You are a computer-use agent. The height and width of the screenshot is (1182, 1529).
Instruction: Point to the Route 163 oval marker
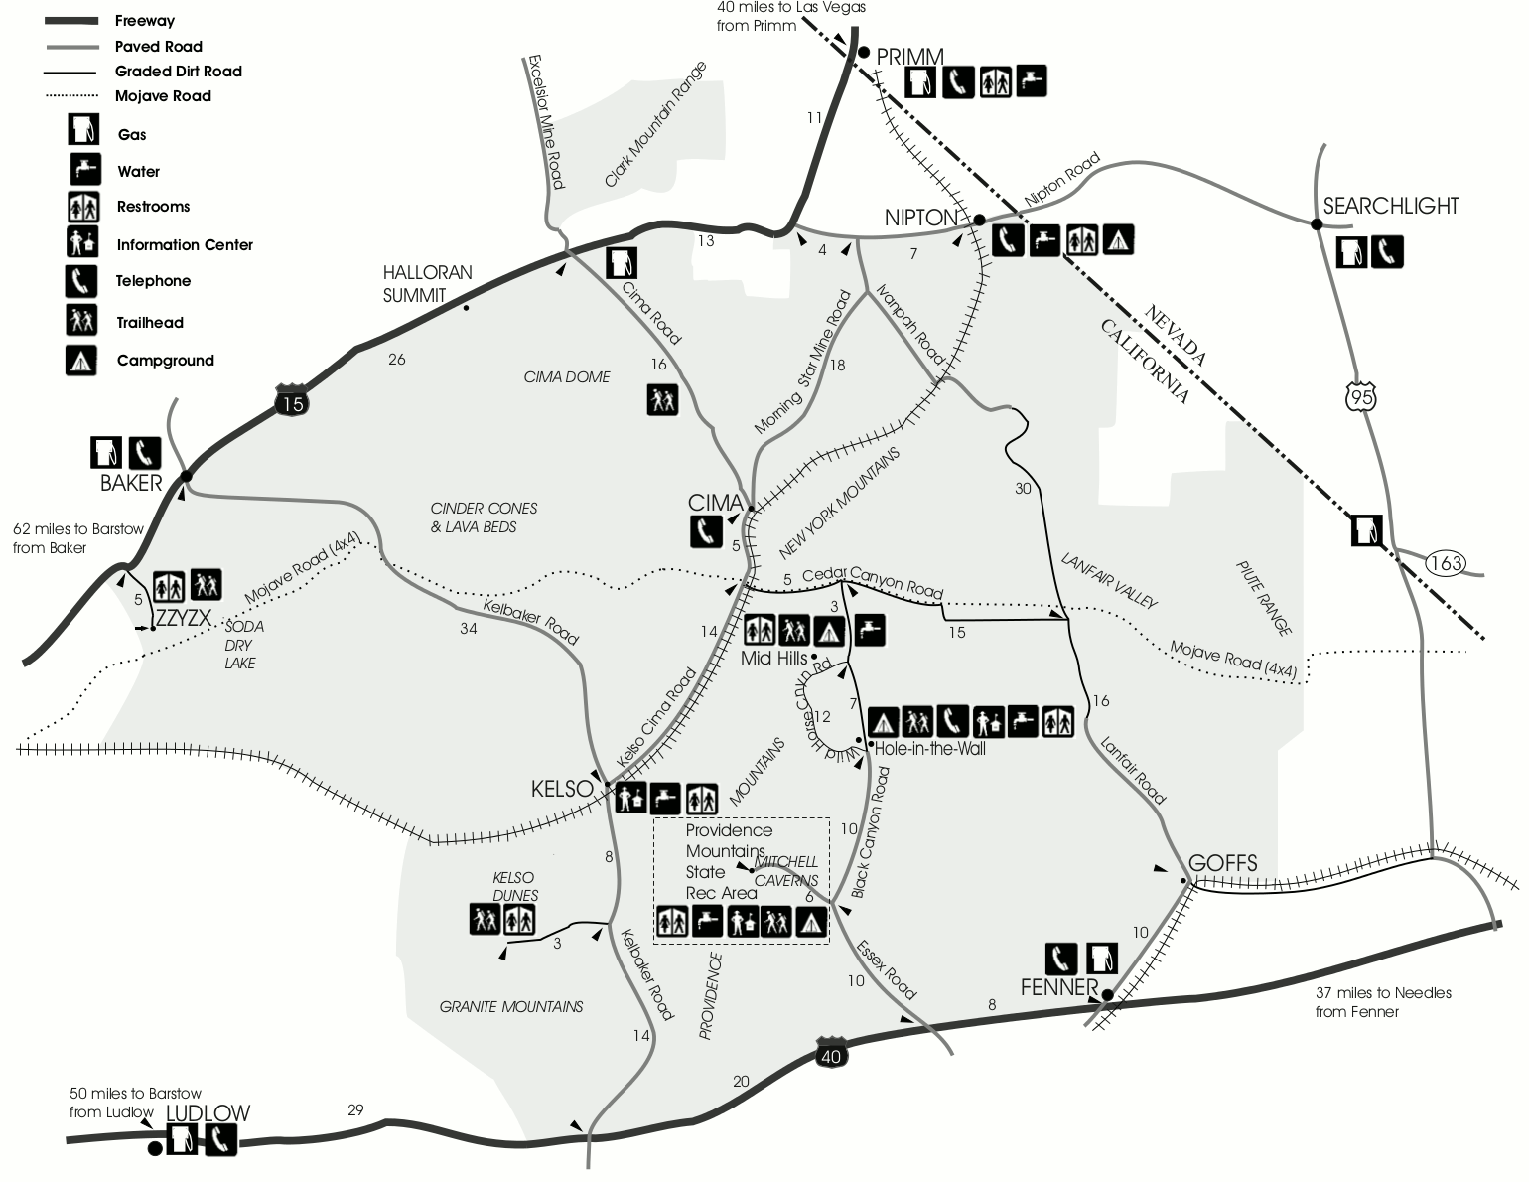(x=1446, y=563)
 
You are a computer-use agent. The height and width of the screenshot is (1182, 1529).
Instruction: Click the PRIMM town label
(x=909, y=56)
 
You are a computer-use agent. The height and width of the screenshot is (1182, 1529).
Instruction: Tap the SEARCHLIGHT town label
(x=1390, y=206)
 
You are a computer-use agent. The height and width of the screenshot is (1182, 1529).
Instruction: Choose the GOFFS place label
(x=1222, y=863)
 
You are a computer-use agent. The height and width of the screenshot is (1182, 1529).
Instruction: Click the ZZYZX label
(x=184, y=618)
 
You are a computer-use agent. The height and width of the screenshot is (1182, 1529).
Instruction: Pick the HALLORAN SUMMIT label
(x=428, y=283)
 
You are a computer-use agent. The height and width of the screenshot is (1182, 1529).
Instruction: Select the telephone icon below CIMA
(x=706, y=532)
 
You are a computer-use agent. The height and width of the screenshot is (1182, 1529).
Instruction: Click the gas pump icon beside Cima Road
(x=622, y=263)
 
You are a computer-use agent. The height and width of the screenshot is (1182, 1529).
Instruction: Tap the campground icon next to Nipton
(x=1119, y=239)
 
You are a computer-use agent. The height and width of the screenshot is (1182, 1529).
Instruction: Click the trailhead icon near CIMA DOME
(x=662, y=399)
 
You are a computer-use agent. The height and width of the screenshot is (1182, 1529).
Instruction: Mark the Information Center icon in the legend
(x=81, y=243)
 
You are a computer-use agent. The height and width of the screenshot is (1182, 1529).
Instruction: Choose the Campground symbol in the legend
(x=81, y=360)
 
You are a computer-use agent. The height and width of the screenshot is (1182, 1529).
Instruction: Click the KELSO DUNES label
(x=514, y=886)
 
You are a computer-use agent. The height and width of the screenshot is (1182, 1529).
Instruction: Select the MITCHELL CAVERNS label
(x=786, y=871)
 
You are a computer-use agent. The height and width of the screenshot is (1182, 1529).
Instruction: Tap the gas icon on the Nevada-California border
(x=1366, y=529)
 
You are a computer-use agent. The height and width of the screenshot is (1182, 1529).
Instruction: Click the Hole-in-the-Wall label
(x=929, y=749)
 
